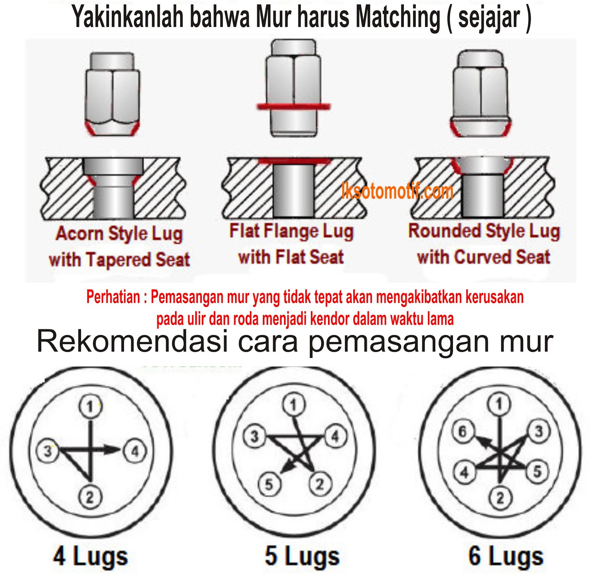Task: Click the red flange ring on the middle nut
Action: point(293,106)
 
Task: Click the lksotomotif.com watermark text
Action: point(397,191)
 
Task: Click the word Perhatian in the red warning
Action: point(113,297)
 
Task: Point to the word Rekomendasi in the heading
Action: point(132,341)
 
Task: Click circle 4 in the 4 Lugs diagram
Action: point(135,451)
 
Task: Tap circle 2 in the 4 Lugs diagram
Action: point(90,497)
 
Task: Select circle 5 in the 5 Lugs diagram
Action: point(269,484)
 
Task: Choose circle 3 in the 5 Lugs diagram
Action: point(254,436)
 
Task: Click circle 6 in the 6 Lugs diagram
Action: point(463,431)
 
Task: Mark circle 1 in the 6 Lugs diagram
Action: point(499,404)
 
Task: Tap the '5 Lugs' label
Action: point(302,556)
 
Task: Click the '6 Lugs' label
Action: point(506,556)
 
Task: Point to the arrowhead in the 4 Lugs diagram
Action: point(112,450)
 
